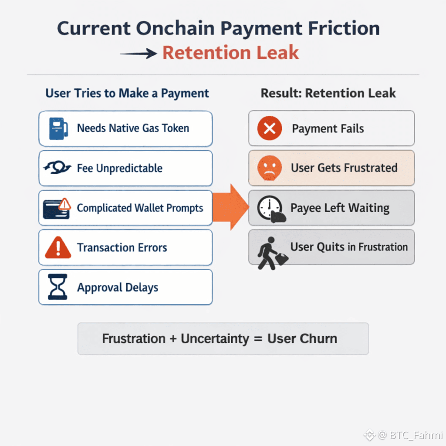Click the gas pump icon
pyautogui.click(x=58, y=128)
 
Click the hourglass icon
pyautogui.click(x=58, y=287)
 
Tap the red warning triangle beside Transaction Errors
pyautogui.click(x=58, y=248)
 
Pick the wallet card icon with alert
pyautogui.click(x=57, y=208)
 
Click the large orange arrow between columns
pyautogui.click(x=231, y=207)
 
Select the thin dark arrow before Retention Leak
pyautogui.click(x=138, y=54)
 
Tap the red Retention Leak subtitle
pyautogui.click(x=230, y=53)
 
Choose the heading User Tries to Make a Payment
pyautogui.click(x=127, y=93)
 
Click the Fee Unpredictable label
pyautogui.click(x=120, y=168)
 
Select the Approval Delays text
pyautogui.click(x=118, y=287)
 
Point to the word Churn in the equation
pyautogui.click(x=320, y=339)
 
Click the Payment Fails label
pyautogui.click(x=328, y=128)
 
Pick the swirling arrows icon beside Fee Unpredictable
pyautogui.click(x=57, y=168)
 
